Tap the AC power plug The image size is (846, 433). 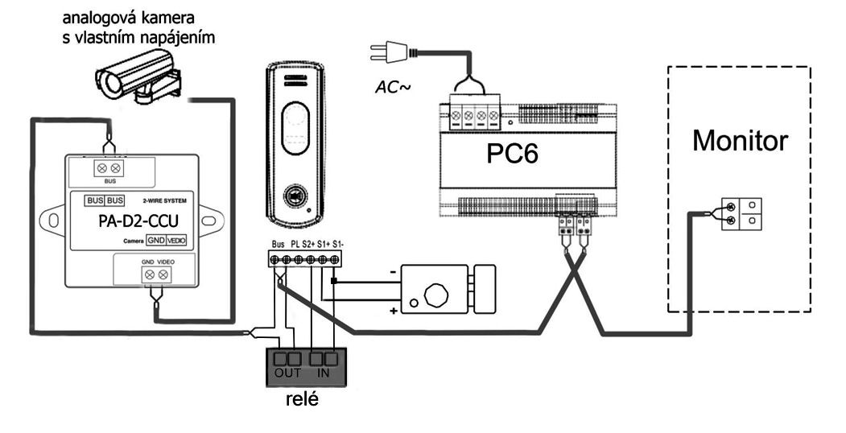click(385, 52)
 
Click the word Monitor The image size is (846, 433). click(741, 142)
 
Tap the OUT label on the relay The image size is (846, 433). click(287, 373)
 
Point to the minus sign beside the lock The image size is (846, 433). click(393, 273)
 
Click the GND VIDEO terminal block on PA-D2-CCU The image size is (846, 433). click(156, 274)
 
